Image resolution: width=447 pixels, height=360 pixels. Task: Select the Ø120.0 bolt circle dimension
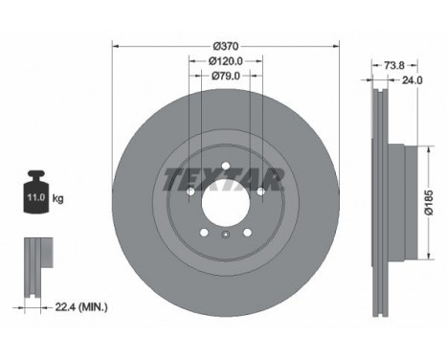click(223, 60)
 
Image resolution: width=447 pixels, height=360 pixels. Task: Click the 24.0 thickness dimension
click(412, 80)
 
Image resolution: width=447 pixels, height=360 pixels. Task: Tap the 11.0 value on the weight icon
click(34, 198)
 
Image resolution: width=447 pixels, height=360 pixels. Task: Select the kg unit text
click(58, 198)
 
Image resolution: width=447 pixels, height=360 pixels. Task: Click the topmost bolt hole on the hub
click(223, 167)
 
